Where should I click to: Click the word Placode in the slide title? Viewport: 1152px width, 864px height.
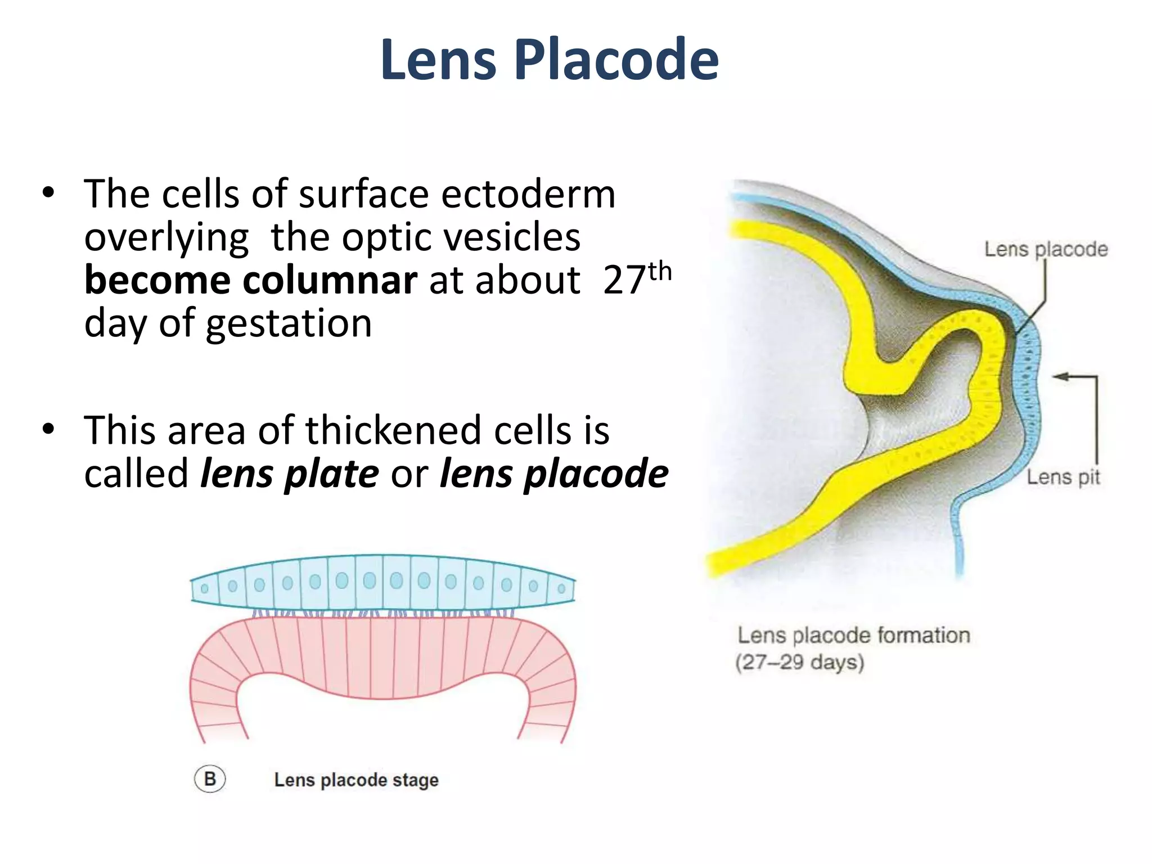click(x=616, y=60)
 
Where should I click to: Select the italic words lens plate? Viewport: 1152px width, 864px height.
click(x=290, y=474)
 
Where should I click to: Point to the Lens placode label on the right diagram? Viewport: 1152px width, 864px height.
click(x=1046, y=249)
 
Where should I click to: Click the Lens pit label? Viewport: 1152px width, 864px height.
click(x=1063, y=478)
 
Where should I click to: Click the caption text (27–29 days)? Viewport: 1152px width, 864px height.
click(x=799, y=662)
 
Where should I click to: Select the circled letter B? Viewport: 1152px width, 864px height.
click(x=210, y=780)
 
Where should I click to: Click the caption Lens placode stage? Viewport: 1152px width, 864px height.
click(x=356, y=780)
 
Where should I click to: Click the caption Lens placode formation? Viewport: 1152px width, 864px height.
click(x=853, y=636)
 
